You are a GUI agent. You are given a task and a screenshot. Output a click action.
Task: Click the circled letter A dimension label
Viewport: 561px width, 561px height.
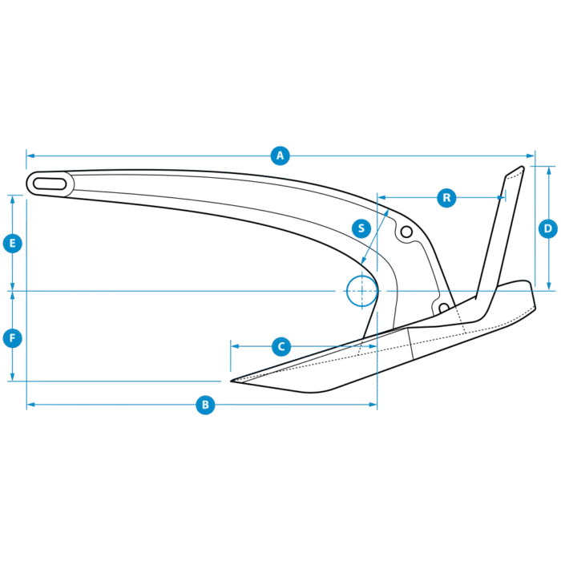[279, 155]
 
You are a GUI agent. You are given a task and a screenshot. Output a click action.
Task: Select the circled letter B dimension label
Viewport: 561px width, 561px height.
[205, 405]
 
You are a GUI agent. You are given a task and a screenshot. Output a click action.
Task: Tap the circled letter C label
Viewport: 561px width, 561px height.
[280, 347]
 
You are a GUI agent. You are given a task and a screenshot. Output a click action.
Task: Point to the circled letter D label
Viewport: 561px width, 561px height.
[547, 229]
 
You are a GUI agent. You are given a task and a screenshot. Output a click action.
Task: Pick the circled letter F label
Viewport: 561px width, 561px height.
[12, 338]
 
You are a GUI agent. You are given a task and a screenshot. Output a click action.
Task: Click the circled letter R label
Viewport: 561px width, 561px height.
[446, 197]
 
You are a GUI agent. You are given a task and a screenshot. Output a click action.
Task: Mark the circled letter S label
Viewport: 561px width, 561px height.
[361, 228]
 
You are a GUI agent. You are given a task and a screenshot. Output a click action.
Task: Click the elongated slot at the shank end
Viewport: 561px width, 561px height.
[50, 184]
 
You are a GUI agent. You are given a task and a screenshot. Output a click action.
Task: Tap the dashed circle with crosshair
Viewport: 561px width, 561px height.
[361, 291]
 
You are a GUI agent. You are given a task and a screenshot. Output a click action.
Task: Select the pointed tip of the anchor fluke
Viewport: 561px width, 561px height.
[232, 381]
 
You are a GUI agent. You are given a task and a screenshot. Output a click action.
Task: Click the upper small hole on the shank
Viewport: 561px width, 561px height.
[406, 232]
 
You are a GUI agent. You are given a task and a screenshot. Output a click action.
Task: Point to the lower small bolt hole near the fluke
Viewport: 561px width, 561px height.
[442, 306]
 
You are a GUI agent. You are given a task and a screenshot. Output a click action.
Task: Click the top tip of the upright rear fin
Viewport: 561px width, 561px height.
[521, 167]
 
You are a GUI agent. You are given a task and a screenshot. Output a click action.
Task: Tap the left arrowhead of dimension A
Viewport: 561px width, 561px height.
[29, 155]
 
